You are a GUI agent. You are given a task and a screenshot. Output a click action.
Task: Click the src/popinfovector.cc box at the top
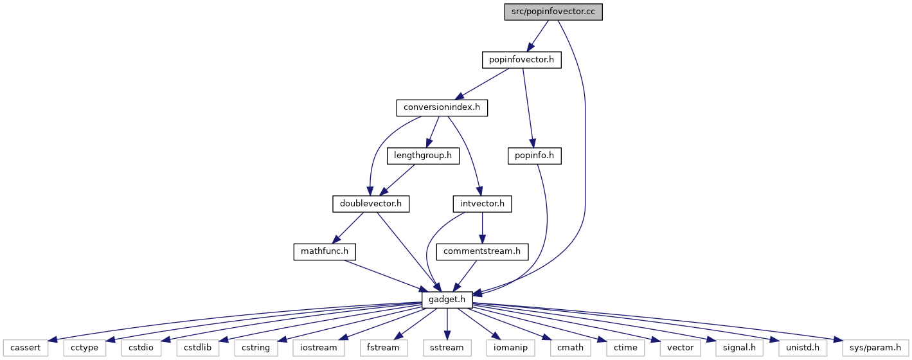(553, 12)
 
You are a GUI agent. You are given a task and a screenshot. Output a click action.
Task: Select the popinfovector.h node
(521, 60)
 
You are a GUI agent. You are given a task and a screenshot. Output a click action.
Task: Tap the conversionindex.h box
(442, 108)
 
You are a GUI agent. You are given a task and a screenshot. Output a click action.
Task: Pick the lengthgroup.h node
(423, 156)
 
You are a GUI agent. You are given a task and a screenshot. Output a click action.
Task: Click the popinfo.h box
(535, 156)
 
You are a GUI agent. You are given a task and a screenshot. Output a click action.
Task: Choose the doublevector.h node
(371, 204)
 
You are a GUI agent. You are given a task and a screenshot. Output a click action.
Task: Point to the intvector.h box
(483, 204)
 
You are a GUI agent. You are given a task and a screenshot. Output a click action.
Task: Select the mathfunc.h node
(325, 251)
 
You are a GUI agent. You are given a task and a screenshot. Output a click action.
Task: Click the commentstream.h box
(482, 251)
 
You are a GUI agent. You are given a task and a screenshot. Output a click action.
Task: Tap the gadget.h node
(447, 300)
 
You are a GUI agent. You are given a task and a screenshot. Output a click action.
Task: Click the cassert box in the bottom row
(25, 348)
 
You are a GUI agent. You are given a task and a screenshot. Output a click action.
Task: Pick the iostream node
(318, 348)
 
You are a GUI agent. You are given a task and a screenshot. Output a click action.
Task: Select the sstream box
(447, 348)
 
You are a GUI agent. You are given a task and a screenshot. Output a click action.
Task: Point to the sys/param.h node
(875, 348)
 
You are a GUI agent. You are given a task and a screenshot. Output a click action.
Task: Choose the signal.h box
(739, 348)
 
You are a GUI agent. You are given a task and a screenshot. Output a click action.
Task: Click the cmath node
(571, 348)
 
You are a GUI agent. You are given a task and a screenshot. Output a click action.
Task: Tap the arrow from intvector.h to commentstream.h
(483, 228)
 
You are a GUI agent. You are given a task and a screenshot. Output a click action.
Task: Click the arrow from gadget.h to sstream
(447, 324)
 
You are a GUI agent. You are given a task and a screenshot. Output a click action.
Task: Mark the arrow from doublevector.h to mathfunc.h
(348, 228)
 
